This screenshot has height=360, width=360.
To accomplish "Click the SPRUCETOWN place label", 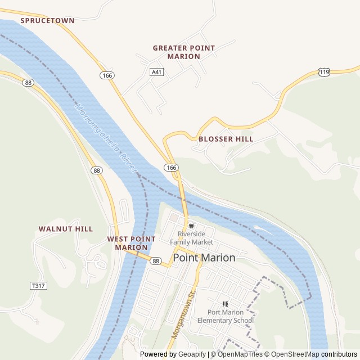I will point(47,20).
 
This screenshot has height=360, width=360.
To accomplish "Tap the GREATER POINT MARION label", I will point(183,52).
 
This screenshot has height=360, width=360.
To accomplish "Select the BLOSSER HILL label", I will point(226,138).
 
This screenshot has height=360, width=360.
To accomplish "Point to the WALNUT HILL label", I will point(66,229).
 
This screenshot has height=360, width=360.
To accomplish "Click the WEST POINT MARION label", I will point(131,243).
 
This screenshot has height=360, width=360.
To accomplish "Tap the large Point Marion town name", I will point(204,258).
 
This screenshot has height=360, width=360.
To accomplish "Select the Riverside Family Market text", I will point(195,238).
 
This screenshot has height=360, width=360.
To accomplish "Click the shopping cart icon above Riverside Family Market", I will point(191,226).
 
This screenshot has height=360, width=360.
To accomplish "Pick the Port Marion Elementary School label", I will point(226,317).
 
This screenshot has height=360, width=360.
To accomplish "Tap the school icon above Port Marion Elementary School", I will point(225,304).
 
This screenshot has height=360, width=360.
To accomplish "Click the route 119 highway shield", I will point(324,72).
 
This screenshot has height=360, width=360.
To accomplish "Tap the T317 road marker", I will point(38,286).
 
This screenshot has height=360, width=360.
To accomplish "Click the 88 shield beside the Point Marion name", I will point(156,261).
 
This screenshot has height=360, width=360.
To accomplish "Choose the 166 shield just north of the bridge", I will point(172,168).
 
